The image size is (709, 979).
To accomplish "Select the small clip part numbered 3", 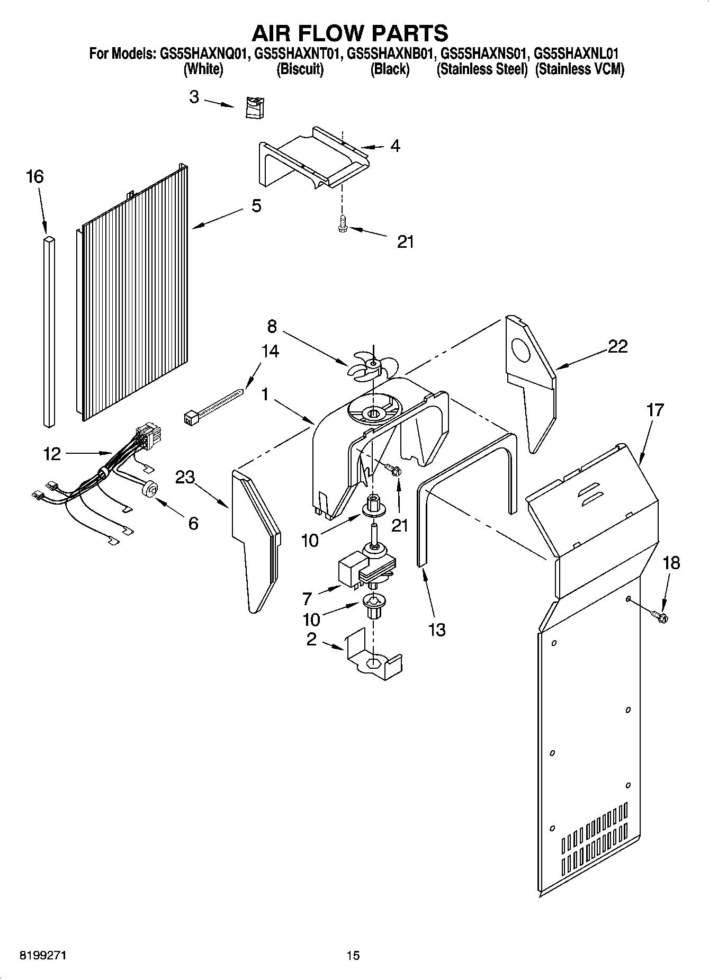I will pos(256,107).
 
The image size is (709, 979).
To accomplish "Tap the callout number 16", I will pos(35,176).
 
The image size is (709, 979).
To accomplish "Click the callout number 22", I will pos(617,346).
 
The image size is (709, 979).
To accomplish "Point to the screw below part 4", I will pos(342,223).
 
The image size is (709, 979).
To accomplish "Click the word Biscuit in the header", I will pos(300,69).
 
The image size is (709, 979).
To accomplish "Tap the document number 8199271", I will pos(43,955).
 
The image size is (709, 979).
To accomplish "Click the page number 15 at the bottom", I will pos(353,955).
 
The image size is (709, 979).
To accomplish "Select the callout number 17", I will pos(654,409).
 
